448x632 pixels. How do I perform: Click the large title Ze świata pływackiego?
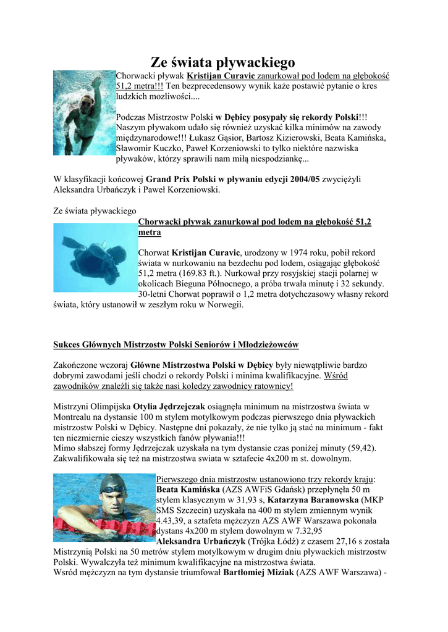tap(223, 62)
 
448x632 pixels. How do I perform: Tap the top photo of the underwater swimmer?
tap(84, 112)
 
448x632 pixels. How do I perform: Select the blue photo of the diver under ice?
tap(95, 256)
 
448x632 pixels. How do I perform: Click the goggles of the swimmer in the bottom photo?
tap(113, 490)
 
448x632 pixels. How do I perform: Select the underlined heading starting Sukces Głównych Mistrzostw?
tap(176, 344)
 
